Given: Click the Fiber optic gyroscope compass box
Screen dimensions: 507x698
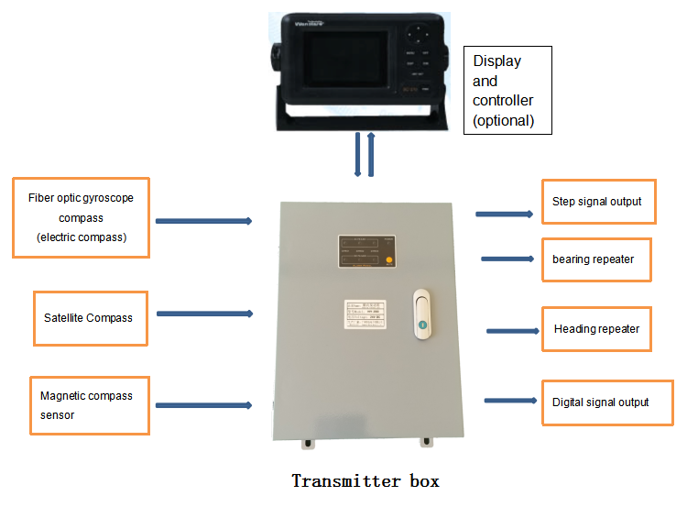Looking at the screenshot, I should pyautogui.click(x=81, y=218).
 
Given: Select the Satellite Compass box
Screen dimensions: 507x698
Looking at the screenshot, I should pyautogui.click(x=90, y=318).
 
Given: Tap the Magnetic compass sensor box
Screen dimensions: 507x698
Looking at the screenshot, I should pyautogui.click(x=89, y=405).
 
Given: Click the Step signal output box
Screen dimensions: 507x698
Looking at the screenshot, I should pyautogui.click(x=598, y=202).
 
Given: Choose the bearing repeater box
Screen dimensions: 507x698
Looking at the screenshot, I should pyautogui.click(x=594, y=259).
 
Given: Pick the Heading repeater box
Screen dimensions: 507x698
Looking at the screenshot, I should pyautogui.click(x=596, y=329).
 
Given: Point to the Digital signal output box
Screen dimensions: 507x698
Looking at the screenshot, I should pyautogui.click(x=606, y=402).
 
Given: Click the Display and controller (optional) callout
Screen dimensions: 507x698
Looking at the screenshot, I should pyautogui.click(x=507, y=91).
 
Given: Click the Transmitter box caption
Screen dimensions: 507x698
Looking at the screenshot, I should pyautogui.click(x=365, y=481).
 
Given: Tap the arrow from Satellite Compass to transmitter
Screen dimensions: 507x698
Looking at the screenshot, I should pyautogui.click(x=204, y=314).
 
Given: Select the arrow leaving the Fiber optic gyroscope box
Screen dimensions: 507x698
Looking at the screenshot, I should pyautogui.click(x=203, y=221).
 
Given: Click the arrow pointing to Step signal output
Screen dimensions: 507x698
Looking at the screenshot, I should pyautogui.click(x=504, y=214).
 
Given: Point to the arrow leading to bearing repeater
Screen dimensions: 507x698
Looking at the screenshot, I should pyautogui.click(x=507, y=259).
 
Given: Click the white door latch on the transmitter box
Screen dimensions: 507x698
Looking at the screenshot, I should pyautogui.click(x=421, y=316).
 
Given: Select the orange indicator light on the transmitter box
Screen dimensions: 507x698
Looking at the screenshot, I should pyautogui.click(x=389, y=260).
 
